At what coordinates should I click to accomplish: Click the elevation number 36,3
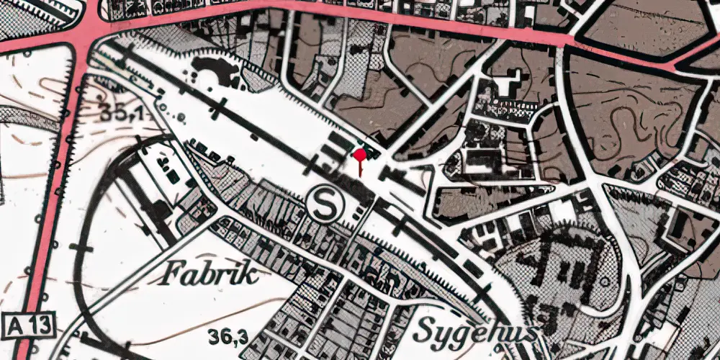tap(228, 336)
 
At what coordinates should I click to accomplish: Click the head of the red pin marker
tap(359, 153)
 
